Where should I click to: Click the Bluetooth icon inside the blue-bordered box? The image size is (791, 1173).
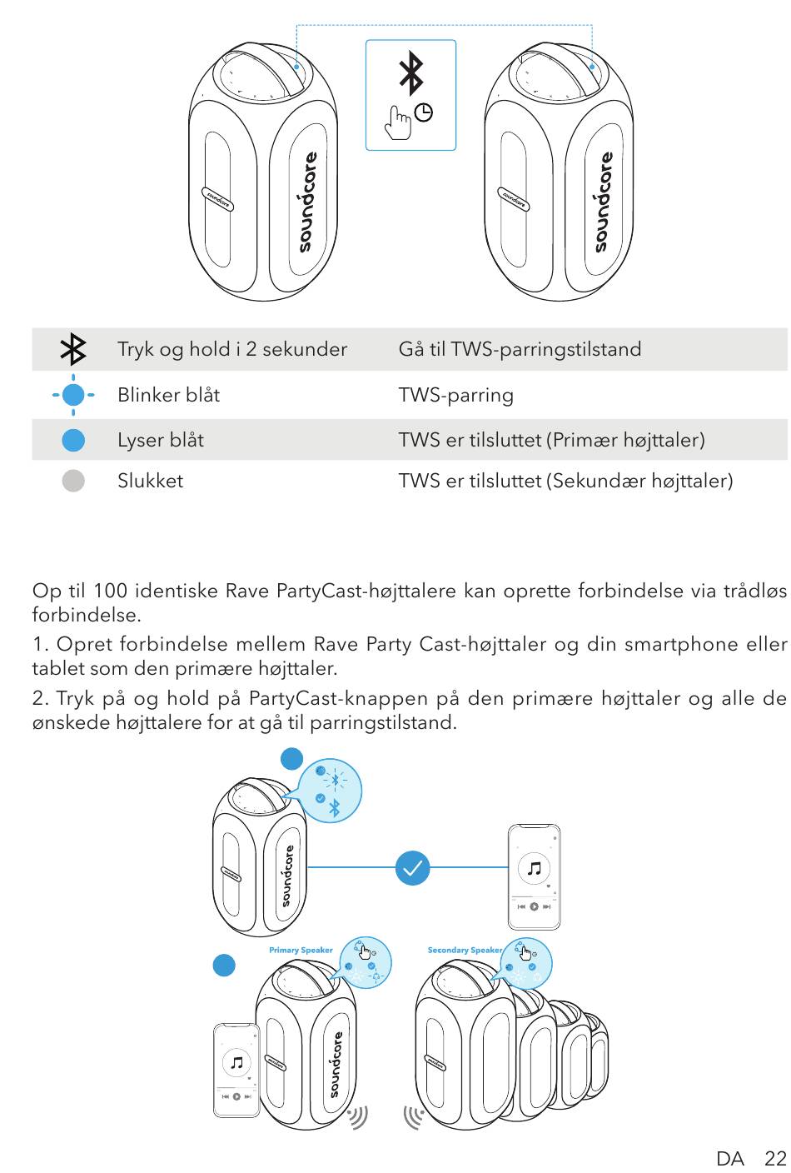click(411, 73)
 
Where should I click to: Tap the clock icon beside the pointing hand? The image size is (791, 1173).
click(424, 112)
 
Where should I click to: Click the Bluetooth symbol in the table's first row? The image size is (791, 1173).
click(73, 349)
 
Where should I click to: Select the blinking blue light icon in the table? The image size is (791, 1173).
click(73, 395)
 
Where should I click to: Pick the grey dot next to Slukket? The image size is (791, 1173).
click(73, 481)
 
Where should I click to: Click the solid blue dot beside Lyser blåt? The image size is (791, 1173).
click(73, 440)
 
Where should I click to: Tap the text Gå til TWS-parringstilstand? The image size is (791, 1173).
click(520, 349)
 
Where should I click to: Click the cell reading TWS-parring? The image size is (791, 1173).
click(456, 396)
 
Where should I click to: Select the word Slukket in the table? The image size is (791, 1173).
click(150, 481)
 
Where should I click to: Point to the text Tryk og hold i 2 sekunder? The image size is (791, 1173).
click(232, 349)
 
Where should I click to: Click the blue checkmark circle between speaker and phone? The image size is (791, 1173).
click(412, 868)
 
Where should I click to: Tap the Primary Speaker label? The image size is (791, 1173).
click(301, 950)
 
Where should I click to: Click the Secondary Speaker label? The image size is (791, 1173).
click(465, 950)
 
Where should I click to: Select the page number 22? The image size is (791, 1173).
click(775, 1158)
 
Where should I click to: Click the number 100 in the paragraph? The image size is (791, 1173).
click(111, 591)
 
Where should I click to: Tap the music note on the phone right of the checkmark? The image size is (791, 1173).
click(535, 869)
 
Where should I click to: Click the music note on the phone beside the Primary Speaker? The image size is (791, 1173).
click(237, 1062)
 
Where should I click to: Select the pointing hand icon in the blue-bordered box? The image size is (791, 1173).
click(398, 122)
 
